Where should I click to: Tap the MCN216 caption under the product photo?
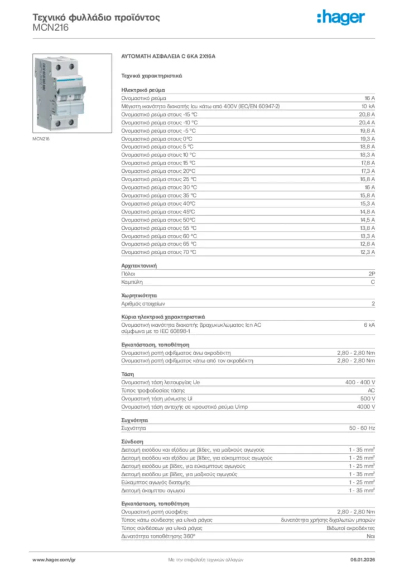(41, 139)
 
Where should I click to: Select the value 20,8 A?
(367, 114)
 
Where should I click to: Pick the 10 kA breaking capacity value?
(368, 106)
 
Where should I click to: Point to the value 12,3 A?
(367, 252)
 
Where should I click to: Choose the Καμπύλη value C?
(373, 283)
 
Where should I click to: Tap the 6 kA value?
(369, 325)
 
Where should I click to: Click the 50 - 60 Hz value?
(362, 428)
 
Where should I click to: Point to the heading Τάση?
(127, 374)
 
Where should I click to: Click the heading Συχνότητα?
(134, 419)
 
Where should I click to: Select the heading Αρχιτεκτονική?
(139, 266)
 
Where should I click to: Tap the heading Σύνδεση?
(132, 441)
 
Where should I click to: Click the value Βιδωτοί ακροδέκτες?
(350, 528)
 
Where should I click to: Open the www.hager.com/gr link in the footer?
(54, 559)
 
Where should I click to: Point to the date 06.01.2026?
(362, 559)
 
